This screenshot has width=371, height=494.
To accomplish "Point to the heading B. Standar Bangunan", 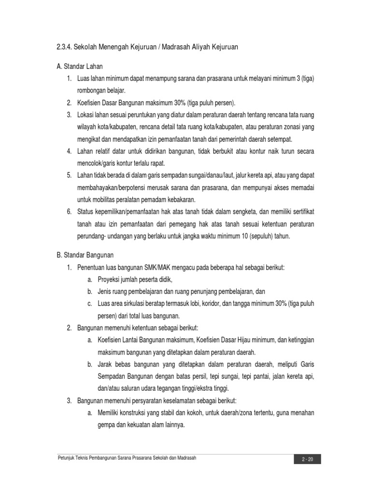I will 85,255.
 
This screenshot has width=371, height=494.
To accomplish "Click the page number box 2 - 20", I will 307,459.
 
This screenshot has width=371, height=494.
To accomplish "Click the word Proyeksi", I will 110,279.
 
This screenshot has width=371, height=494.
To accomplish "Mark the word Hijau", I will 233,340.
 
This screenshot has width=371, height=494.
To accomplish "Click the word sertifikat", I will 300,212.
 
